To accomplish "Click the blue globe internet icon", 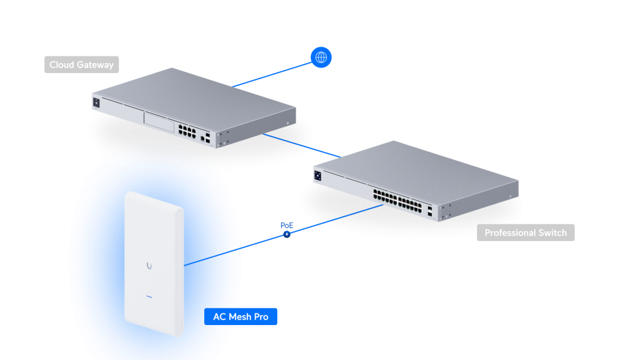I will click(320, 58).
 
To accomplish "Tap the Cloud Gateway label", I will click(82, 65).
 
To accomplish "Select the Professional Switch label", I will click(526, 233).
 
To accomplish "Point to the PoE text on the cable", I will click(287, 225).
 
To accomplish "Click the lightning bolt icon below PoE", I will click(286, 234).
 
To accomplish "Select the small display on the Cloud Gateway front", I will click(96, 102).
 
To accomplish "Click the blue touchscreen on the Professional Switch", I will click(318, 175).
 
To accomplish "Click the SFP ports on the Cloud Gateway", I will click(209, 139).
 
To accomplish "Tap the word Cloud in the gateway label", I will click(62, 65).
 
